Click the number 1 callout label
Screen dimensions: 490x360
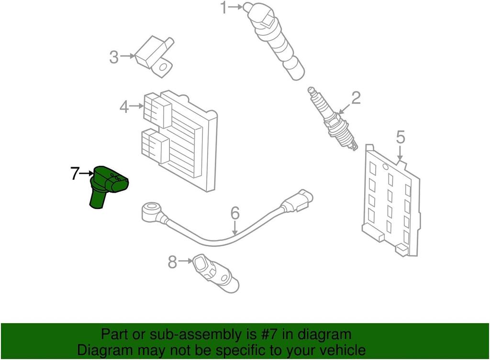click(x=224, y=8)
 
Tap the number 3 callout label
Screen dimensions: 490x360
click(x=114, y=57)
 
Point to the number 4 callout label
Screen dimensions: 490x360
click(x=124, y=108)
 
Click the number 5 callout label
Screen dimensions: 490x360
click(x=401, y=137)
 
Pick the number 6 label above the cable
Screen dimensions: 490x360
click(x=235, y=214)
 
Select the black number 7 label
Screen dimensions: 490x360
click(x=74, y=174)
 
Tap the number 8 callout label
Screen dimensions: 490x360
click(x=172, y=262)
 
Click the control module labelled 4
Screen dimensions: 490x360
click(x=179, y=141)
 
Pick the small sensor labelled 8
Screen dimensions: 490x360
click(x=216, y=273)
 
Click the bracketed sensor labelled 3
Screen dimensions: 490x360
click(x=155, y=56)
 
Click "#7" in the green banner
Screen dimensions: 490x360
click(x=270, y=335)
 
